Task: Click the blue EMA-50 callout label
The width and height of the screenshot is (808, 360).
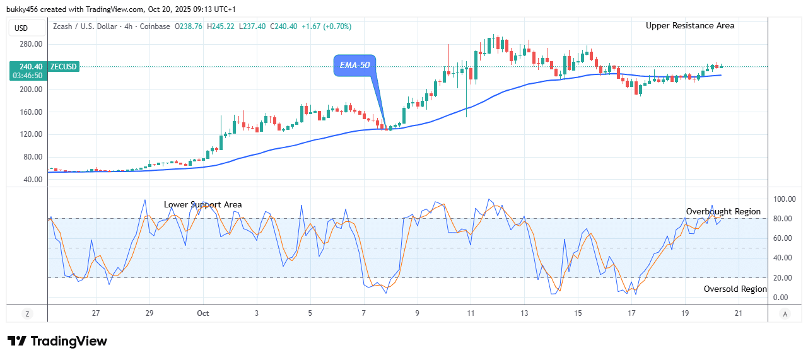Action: coord(354,65)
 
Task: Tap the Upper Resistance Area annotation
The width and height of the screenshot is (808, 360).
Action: coord(689,26)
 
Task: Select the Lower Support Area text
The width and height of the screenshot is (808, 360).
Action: coord(202,205)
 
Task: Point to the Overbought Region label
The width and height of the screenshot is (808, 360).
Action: coord(723,212)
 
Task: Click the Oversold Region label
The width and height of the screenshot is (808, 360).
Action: coord(735,289)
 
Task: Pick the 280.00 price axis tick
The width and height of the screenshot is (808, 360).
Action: coord(30,44)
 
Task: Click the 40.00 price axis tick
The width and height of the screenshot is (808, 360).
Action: coord(32,180)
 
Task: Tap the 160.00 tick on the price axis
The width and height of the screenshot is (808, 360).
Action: coord(30,112)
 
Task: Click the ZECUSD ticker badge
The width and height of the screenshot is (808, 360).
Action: coord(64,67)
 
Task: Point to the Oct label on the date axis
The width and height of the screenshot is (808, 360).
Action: coord(202,313)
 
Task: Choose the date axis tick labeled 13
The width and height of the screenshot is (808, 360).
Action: coord(524,313)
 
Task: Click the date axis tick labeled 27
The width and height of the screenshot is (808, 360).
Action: coord(95,313)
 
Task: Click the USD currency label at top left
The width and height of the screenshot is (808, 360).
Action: coord(22,28)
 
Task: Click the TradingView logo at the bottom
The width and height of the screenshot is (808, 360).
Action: coord(57,341)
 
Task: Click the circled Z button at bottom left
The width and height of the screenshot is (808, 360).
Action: coord(27,313)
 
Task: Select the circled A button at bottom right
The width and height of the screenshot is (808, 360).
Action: coord(785,313)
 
